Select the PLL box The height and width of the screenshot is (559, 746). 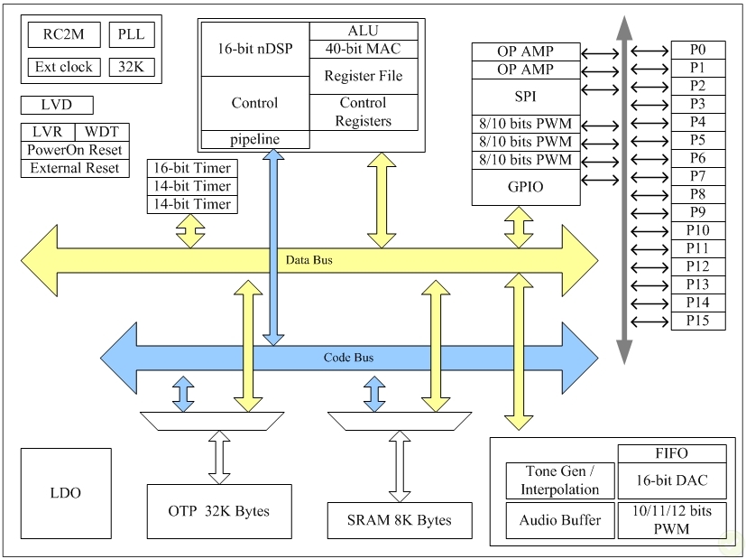pos(132,35)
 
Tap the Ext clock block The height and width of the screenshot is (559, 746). pos(63,67)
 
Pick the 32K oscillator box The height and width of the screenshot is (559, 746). pos(132,67)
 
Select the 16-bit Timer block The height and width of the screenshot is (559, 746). pos(192,168)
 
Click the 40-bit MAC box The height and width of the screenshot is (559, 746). pos(364,49)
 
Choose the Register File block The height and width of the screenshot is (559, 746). pos(364,76)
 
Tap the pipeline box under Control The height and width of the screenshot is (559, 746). pos(254,139)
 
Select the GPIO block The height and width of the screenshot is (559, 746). pos(525,187)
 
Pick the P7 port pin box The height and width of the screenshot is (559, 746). pos(697,176)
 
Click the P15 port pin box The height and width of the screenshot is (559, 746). pos(697,321)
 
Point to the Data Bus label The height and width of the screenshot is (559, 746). pos(309,260)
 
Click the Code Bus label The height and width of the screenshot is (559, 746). pos(348,358)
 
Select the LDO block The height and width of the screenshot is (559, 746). pos(65,493)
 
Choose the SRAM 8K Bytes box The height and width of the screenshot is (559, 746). pos(400,520)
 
